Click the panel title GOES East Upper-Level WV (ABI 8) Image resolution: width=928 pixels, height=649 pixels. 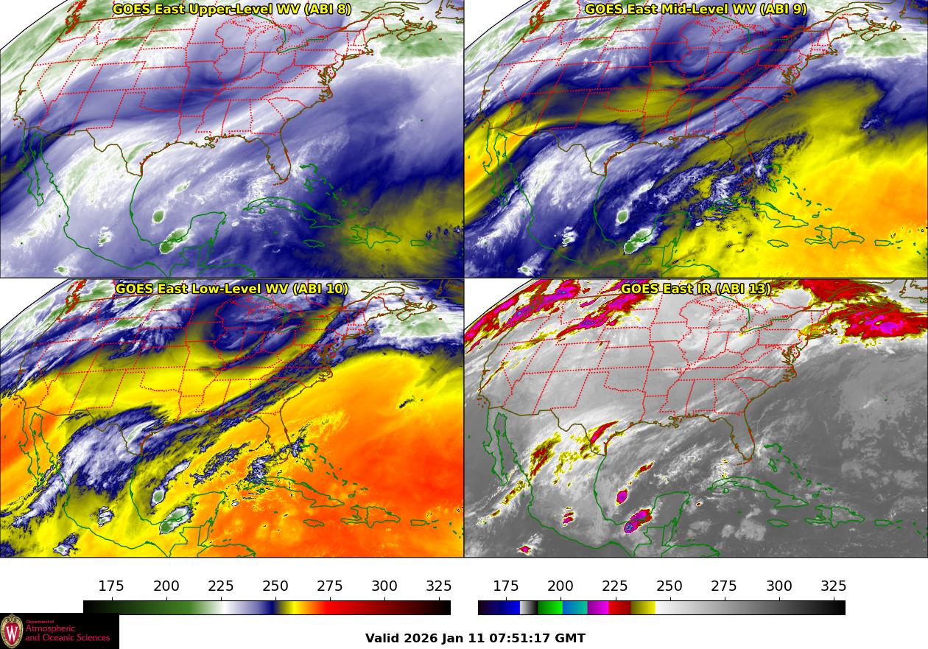[232, 10]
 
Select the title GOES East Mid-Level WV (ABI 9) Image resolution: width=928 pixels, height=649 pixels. [696, 10]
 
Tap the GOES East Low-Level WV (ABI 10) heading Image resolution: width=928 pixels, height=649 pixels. [232, 289]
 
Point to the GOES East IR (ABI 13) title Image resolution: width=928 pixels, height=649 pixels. [696, 289]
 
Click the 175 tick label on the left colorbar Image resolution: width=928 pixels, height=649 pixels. [111, 586]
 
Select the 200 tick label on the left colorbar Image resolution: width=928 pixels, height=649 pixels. [166, 586]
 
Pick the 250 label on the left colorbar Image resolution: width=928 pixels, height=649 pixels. [275, 586]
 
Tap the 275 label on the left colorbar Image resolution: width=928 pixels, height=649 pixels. [330, 586]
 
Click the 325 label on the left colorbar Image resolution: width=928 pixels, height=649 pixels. [439, 586]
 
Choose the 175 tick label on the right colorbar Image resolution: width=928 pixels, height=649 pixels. [506, 586]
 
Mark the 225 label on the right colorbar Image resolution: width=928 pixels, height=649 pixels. [615, 586]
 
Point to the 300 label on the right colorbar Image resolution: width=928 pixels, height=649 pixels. [779, 586]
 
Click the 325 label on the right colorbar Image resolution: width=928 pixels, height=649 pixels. [834, 586]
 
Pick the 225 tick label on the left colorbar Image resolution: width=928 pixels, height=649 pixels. [221, 586]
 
